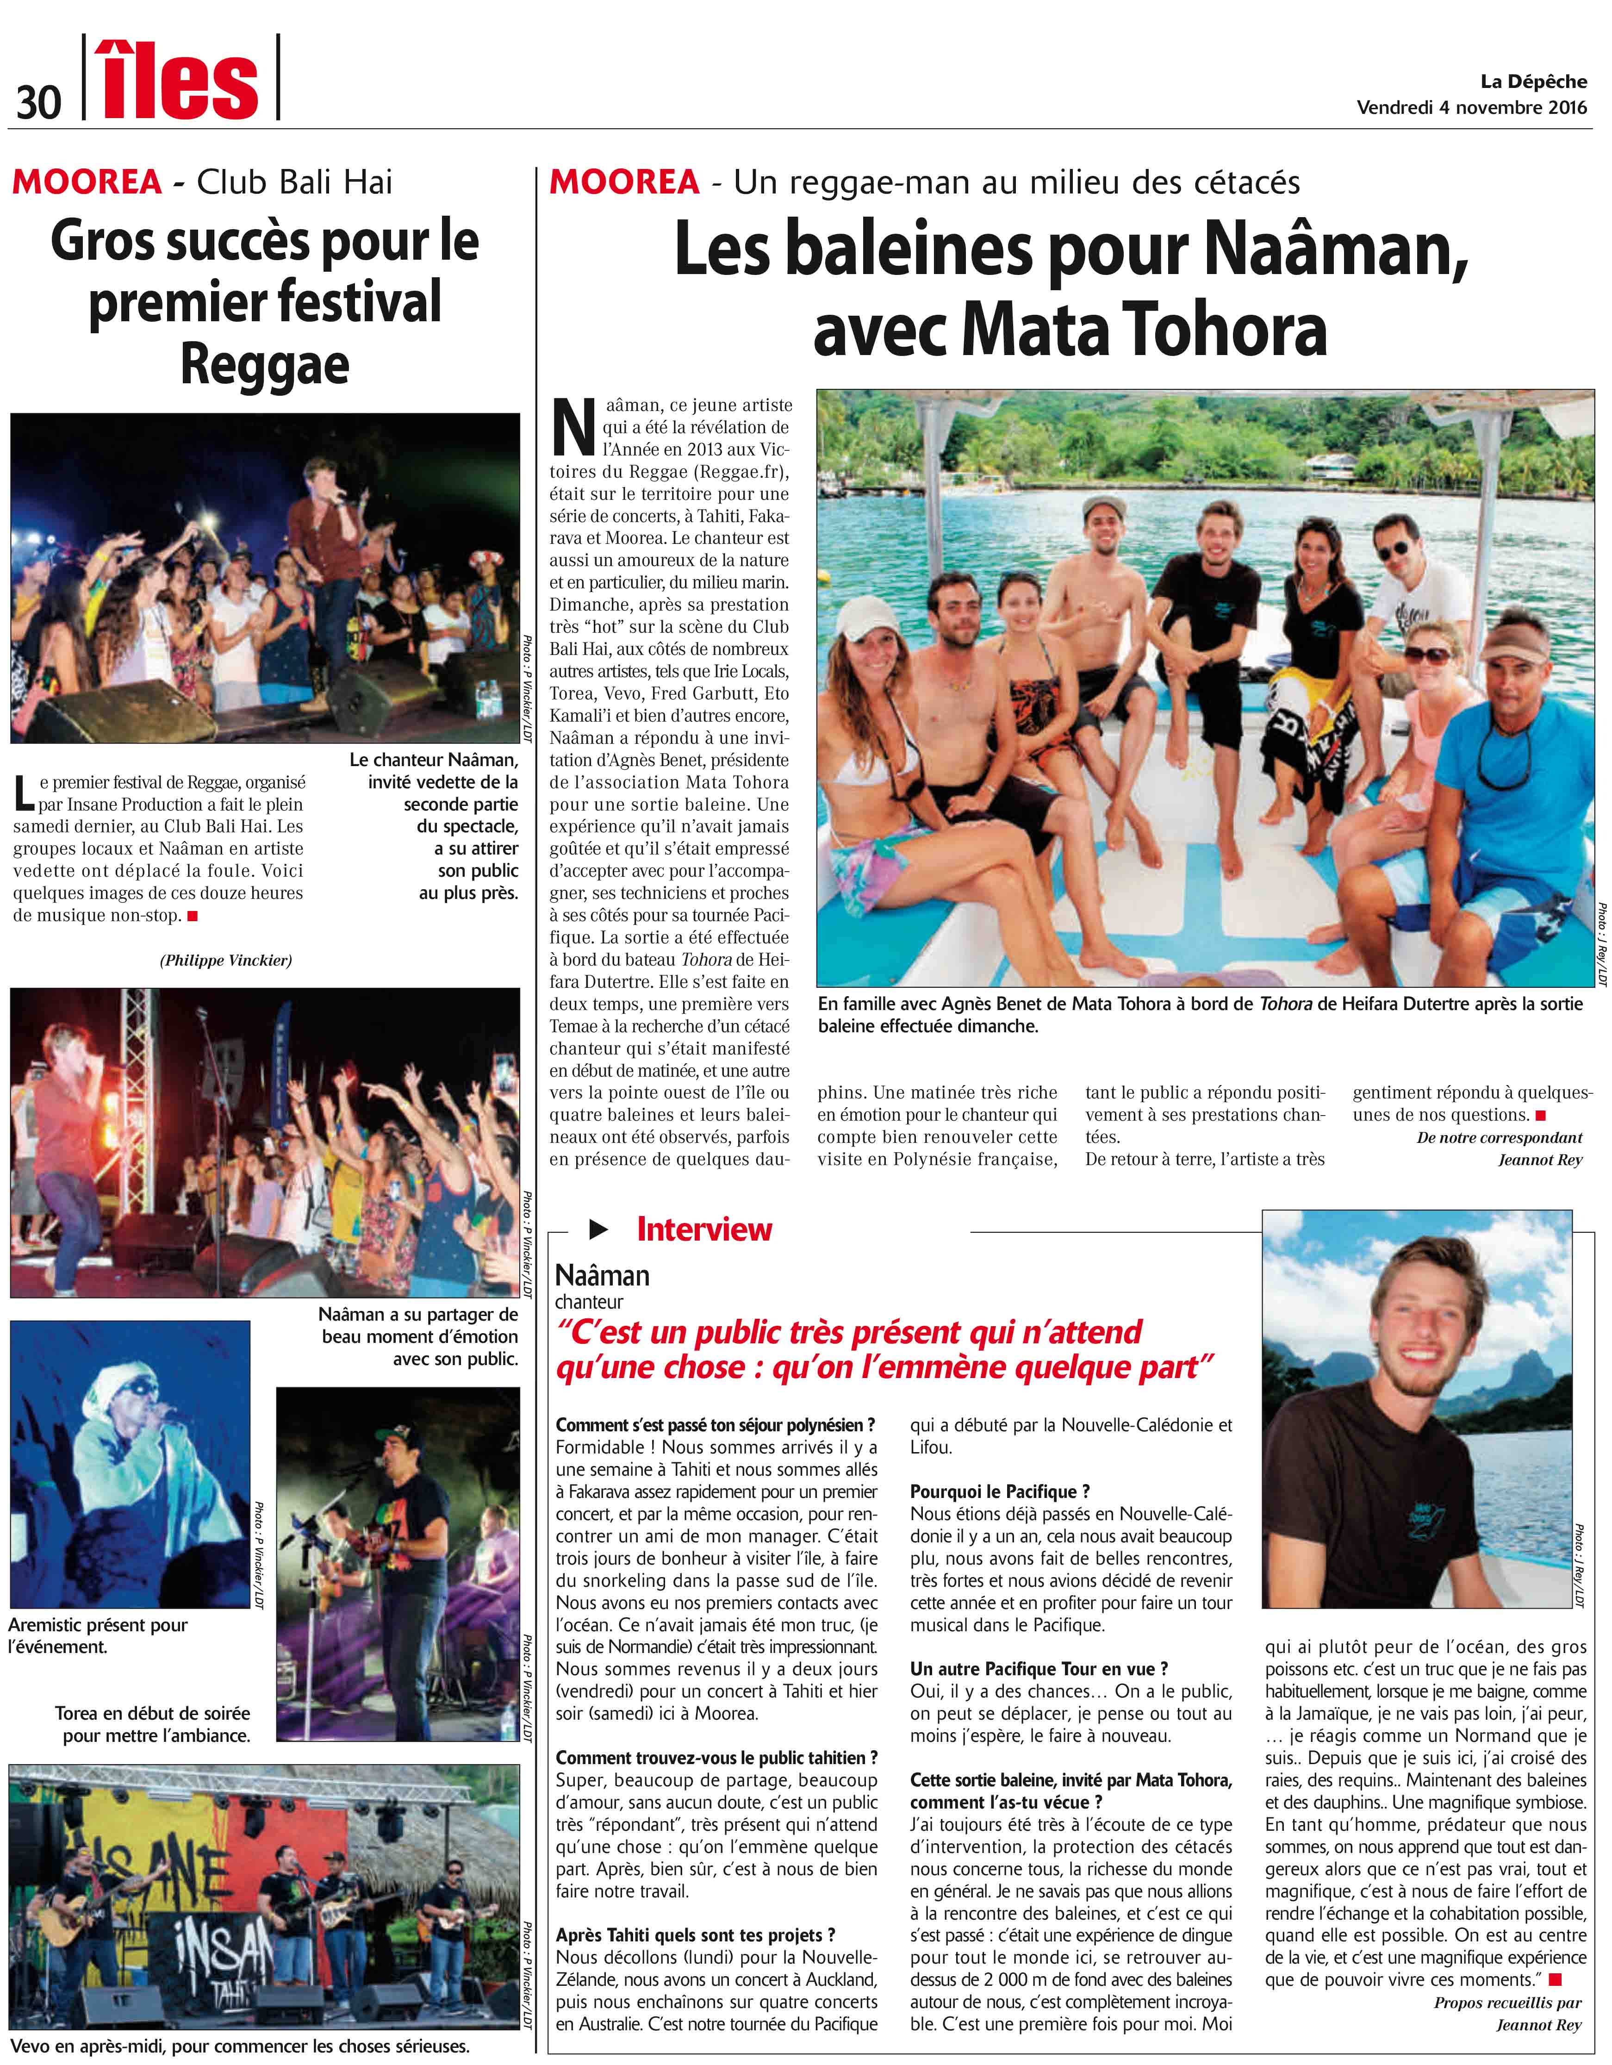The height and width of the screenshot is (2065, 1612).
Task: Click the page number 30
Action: (38, 100)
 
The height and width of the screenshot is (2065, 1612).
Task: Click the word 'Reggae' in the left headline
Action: (265, 364)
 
